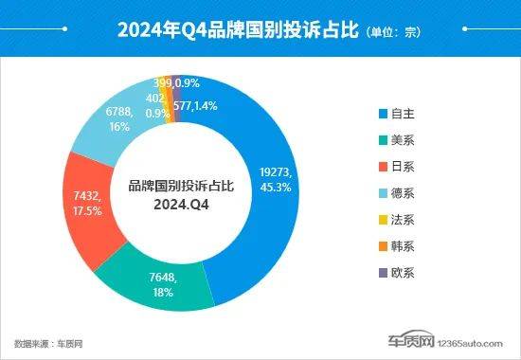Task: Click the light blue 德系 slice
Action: [x=118, y=118]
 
